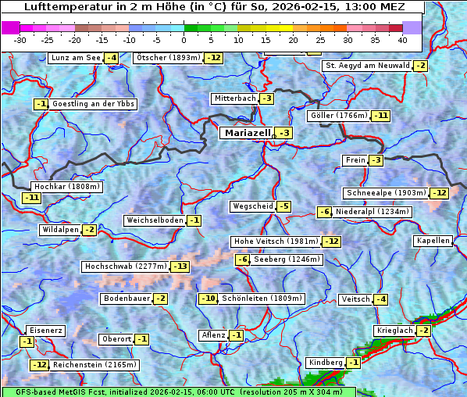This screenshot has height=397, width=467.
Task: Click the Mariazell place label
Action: (x=248, y=133)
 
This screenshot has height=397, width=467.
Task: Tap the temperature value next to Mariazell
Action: (x=284, y=134)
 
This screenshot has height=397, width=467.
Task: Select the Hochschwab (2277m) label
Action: (x=125, y=266)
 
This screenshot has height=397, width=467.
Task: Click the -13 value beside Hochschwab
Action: (x=180, y=266)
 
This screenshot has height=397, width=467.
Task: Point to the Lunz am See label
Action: (x=75, y=58)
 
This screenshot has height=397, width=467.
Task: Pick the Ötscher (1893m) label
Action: (x=168, y=58)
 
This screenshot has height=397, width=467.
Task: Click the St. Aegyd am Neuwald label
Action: (x=367, y=66)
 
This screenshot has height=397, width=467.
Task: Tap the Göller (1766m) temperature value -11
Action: (x=380, y=116)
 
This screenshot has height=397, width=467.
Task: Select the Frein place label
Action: (x=355, y=160)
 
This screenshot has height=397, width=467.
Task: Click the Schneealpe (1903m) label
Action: (x=386, y=193)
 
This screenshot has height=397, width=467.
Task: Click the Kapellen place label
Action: (x=433, y=241)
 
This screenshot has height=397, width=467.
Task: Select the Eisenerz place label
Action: (x=45, y=331)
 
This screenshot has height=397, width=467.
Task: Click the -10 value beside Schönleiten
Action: (x=208, y=299)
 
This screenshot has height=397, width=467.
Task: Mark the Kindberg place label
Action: (x=326, y=363)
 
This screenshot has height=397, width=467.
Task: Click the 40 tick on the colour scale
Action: (x=402, y=39)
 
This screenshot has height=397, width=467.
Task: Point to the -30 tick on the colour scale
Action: (x=21, y=39)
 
